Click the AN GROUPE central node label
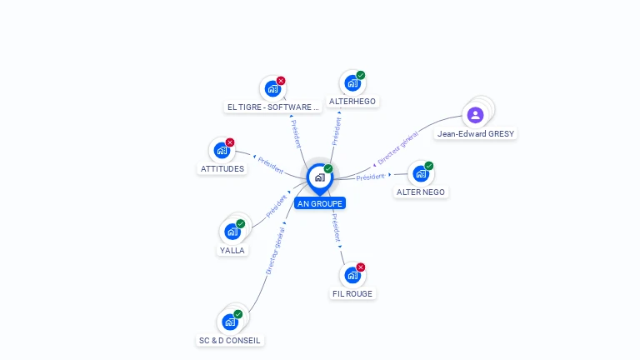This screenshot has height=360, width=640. pyautogui.click(x=319, y=203)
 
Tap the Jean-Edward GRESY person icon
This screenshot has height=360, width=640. pyautogui.click(x=476, y=115)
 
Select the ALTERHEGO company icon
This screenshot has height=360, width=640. pyautogui.click(x=352, y=83)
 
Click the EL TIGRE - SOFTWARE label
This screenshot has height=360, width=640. pyautogui.click(x=273, y=107)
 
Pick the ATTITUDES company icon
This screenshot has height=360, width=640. pyautogui.click(x=221, y=151)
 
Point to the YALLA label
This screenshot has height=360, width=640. pyautogui.click(x=232, y=250)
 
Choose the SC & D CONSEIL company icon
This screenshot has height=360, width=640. pyautogui.click(x=230, y=322)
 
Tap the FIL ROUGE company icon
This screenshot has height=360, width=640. pyautogui.click(x=352, y=275)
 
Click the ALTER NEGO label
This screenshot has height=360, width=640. pyautogui.click(x=421, y=192)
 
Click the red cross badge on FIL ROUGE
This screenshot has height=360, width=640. pyautogui.click(x=361, y=267)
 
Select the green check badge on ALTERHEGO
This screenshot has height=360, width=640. pyautogui.click(x=361, y=75)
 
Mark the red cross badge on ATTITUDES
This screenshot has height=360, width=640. pyautogui.click(x=230, y=142)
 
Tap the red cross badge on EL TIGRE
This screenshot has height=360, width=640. pyautogui.click(x=281, y=81)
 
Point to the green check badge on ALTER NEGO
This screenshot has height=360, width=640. pyautogui.click(x=429, y=166)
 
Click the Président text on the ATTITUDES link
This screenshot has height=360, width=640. pyautogui.click(x=271, y=165)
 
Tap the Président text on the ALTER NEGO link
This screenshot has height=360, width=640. pyautogui.click(x=371, y=177)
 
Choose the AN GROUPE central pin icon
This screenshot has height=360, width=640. pyautogui.click(x=319, y=177)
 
